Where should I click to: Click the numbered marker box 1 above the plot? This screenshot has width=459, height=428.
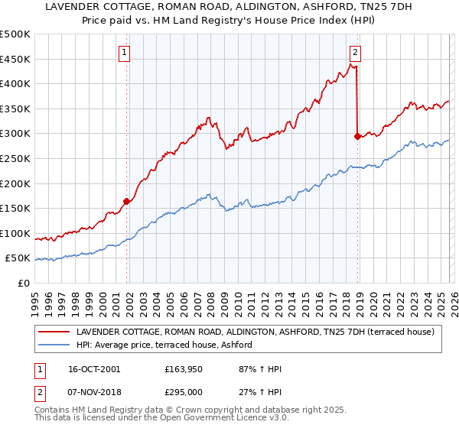pos(125,53)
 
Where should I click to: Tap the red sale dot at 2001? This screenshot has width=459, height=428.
pos(126,202)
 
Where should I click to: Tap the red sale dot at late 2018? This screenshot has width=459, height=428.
pos(357,137)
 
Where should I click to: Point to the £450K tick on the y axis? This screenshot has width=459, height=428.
pos(15,59)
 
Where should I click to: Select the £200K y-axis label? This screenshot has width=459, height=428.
pos(15,183)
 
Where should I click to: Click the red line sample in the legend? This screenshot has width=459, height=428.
pos(54,332)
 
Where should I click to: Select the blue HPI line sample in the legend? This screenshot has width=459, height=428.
pos(54,345)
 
